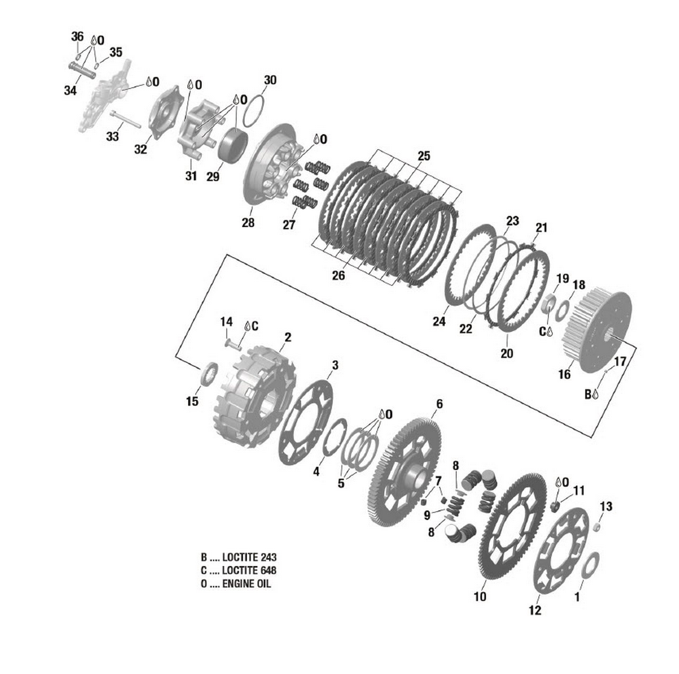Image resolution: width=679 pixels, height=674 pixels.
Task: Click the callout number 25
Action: [424, 156]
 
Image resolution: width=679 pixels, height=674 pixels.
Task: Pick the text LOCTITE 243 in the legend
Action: [249, 557]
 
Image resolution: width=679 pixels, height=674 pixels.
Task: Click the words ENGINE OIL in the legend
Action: [246, 584]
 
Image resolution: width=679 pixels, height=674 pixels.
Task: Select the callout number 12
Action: [535, 610]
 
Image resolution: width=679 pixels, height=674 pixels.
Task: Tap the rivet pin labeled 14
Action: [233, 345]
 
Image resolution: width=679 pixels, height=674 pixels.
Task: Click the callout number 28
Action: [248, 222]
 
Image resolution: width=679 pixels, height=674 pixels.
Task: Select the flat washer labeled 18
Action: [563, 310]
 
